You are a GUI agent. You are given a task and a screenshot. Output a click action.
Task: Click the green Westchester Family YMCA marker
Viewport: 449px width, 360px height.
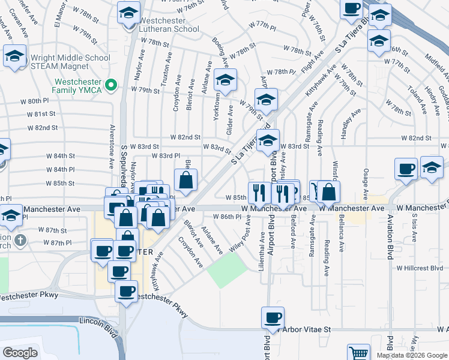click(x=110, y=86)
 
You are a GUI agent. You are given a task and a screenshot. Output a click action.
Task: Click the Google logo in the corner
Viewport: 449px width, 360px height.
click(x=20, y=353)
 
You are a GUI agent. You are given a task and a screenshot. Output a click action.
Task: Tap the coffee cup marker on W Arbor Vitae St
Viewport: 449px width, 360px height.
click(x=273, y=317)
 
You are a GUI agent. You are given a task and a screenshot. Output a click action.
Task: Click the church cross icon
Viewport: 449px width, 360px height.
click(x=20, y=241)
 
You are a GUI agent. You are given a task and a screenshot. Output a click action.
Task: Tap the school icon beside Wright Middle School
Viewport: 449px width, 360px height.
click(x=14, y=57)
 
